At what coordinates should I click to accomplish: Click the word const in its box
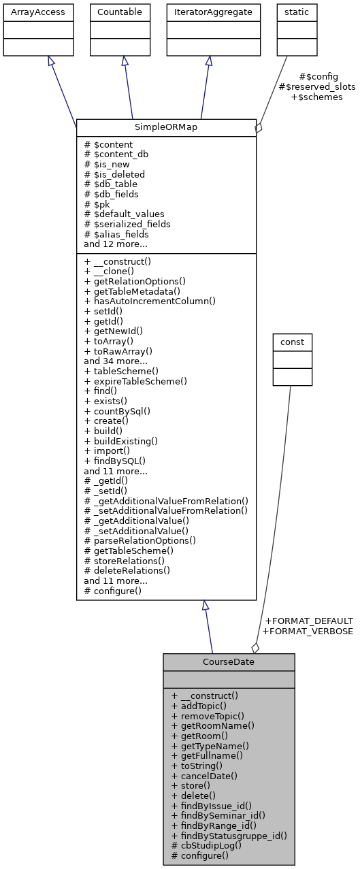292,342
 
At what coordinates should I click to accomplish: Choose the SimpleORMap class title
166,127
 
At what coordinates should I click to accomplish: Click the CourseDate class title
229,661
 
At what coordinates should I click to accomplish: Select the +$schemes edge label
317,97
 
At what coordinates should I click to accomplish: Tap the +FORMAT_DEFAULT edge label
308,621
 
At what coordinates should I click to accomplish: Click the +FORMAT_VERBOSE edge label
308,631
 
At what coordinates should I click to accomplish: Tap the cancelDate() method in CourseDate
205,776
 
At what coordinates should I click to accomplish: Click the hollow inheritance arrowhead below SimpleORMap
205,605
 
